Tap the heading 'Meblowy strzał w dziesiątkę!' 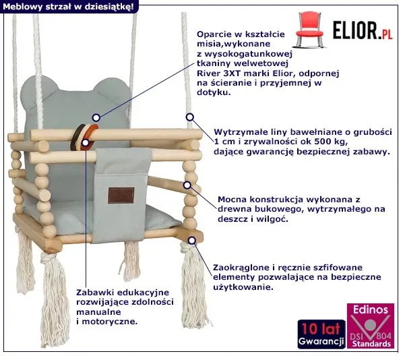tap(67, 6)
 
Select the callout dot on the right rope tap(190, 117)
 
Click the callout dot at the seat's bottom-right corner tap(193, 239)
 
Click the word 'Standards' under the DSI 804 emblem tap(371, 344)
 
